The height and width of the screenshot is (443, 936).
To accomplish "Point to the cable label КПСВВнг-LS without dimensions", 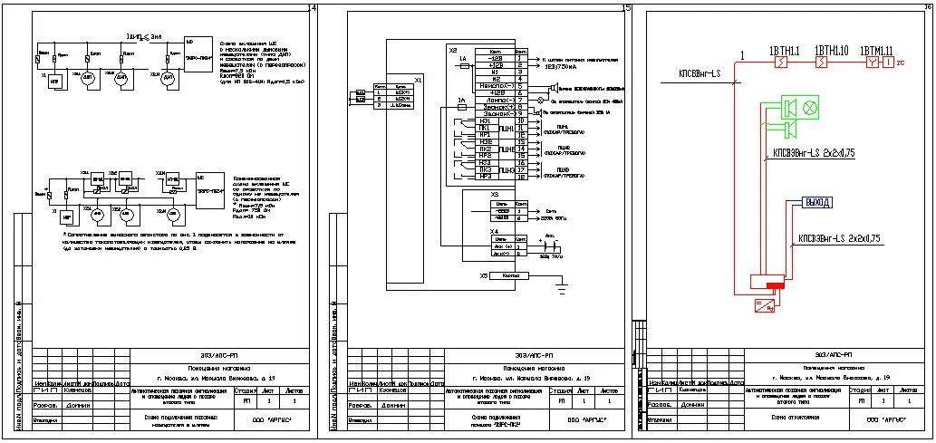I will tap(699, 73).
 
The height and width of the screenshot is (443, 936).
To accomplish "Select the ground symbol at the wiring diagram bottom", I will tap(562, 287).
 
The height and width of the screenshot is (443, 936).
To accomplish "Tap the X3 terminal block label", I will tap(494, 194).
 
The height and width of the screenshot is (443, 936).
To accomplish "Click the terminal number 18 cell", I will tap(521, 177).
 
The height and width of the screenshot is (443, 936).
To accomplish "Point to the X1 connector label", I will tap(418, 80).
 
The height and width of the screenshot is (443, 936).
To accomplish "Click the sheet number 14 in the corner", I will tap(313, 9).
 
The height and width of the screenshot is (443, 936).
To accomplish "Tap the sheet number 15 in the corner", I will tap(626, 9).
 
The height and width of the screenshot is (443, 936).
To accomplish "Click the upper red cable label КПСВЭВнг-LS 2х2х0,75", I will tap(814, 151).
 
